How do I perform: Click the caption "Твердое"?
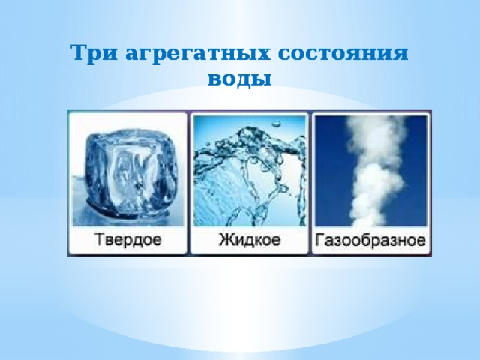point(128,241)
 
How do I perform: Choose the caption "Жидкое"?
point(250,241)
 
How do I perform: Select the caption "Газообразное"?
point(371,241)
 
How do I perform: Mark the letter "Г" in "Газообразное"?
point(320,241)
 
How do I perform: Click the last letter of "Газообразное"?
point(422,242)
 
